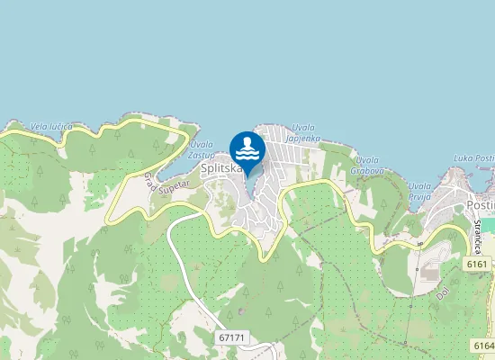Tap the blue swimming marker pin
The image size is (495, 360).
click(x=247, y=148)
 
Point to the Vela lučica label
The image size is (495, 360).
click(x=50, y=127)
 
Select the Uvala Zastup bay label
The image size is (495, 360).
click(x=202, y=149)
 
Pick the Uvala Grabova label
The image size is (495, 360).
click(x=369, y=165)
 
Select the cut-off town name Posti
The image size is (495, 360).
click(x=480, y=206)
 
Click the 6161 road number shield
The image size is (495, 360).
click(x=477, y=265)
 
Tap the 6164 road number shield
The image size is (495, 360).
click(x=483, y=346)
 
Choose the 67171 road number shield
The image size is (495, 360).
click(x=231, y=336)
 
